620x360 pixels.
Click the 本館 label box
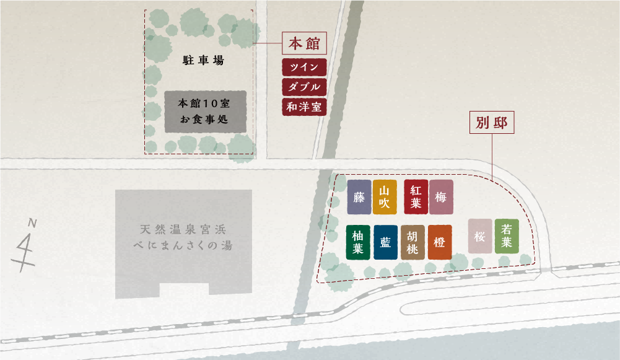[304, 44]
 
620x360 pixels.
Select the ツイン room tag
[304, 67]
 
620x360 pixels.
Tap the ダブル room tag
[304, 87]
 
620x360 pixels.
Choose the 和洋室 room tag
[304, 107]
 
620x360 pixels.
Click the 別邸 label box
[492, 123]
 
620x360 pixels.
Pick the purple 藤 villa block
[359, 197]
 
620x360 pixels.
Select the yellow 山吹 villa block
[385, 197]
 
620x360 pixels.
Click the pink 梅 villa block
[441, 197]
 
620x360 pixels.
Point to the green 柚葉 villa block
[358, 242]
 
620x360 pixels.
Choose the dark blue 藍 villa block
[385, 242]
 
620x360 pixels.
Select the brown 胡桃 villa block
[413, 242]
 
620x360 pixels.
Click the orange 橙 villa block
[440, 242]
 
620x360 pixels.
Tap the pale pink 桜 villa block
[480, 236]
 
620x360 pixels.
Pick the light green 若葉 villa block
[507, 236]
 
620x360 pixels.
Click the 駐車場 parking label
[203, 61]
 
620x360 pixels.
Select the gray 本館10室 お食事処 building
[206, 112]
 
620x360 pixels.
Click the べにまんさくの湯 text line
[183, 246]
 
